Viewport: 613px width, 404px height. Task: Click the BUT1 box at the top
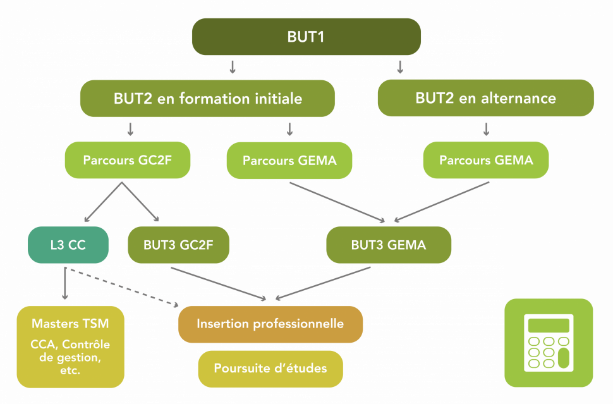point(306,37)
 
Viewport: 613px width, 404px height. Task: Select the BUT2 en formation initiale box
point(207,99)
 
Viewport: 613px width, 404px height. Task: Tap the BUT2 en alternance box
point(485,98)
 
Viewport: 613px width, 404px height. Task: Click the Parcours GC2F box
point(127,159)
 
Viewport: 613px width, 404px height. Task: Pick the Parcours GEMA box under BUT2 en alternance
point(486,160)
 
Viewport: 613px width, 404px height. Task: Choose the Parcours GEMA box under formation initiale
point(289,161)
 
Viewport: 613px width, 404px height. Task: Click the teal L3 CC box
point(68,244)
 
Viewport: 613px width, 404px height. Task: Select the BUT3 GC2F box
point(178,245)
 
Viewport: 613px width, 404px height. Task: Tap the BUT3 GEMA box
point(389,245)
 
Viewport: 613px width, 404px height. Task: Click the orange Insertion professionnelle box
point(270,324)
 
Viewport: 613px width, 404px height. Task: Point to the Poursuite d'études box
point(270,368)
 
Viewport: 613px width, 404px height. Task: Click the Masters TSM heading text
point(70,324)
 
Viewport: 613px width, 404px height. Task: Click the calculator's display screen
point(549,326)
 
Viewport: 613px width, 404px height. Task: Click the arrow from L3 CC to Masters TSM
point(64,284)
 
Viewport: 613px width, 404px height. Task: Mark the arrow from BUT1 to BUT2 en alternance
point(399,66)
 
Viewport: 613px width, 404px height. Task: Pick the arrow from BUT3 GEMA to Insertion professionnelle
point(322,283)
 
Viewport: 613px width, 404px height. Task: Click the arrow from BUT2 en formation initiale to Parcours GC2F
point(130,129)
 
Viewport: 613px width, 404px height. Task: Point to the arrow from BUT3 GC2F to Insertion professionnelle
point(218,283)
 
